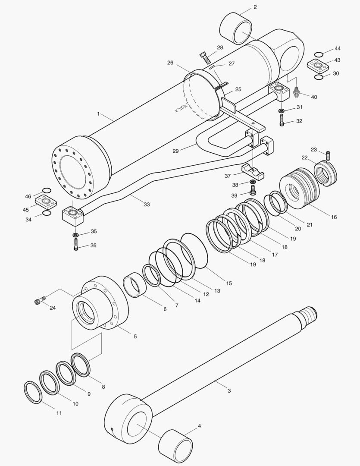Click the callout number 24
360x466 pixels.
[53, 308]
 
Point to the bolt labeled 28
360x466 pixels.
[206, 57]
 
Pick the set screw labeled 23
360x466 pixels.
[328, 154]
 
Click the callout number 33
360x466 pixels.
[147, 205]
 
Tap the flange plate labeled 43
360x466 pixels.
[318, 66]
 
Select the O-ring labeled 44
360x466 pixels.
[318, 54]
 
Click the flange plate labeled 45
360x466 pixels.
[47, 202]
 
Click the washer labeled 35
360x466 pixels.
[76, 235]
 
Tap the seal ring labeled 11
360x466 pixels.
[33, 392]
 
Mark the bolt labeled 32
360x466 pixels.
[282, 122]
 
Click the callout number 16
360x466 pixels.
[334, 217]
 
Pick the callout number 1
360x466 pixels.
[98, 114]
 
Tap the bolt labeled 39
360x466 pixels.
[253, 192]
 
